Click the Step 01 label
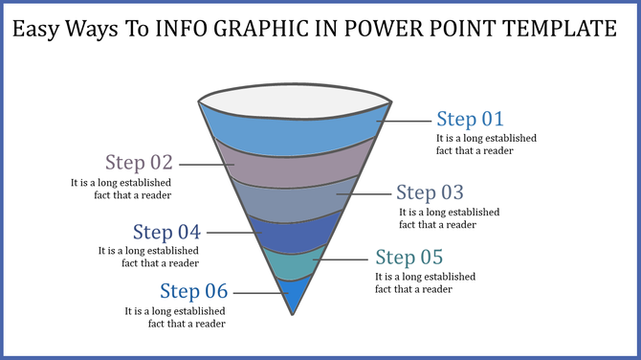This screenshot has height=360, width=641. (470, 119)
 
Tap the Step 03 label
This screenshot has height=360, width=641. (430, 191)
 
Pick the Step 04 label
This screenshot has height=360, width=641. (166, 232)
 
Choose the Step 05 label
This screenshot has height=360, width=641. (409, 257)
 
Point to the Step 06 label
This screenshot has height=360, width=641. (193, 291)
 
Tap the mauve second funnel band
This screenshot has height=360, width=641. (293, 164)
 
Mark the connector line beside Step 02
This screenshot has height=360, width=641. (207, 164)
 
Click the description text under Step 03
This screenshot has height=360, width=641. (449, 218)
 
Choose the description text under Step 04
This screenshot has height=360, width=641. (148, 257)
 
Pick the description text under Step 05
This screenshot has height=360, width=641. (425, 282)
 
